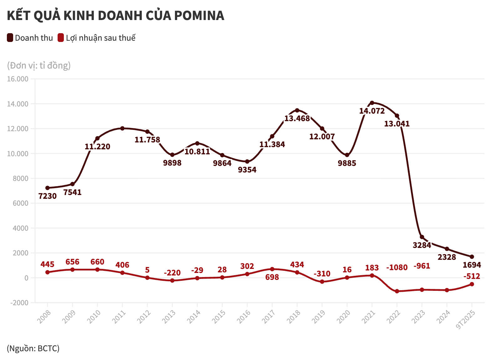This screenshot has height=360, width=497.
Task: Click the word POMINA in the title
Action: (199, 16)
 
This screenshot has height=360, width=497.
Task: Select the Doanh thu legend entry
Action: (30, 38)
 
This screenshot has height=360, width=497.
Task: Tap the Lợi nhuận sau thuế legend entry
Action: (97, 38)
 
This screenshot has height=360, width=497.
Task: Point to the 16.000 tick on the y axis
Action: (18, 79)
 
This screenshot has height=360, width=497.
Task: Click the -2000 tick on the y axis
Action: (19, 303)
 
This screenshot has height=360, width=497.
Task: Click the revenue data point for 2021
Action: (372, 103)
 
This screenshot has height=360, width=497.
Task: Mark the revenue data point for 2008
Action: (48, 188)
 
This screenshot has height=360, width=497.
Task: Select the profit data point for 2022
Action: (397, 291)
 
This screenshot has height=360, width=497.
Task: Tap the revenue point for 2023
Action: (422, 237)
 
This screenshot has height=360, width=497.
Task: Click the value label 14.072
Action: (372, 111)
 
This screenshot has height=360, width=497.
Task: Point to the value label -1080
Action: (397, 268)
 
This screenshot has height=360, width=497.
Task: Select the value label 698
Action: (272, 277)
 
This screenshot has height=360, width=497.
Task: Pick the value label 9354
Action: (247, 170)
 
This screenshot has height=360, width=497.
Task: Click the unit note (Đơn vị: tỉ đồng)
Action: (39, 65)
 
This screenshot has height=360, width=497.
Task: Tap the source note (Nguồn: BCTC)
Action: (33, 348)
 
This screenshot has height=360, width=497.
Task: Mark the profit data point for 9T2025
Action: (472, 284)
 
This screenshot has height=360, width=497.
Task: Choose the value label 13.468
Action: (297, 118)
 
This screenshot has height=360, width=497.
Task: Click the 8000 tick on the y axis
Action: (21, 178)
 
